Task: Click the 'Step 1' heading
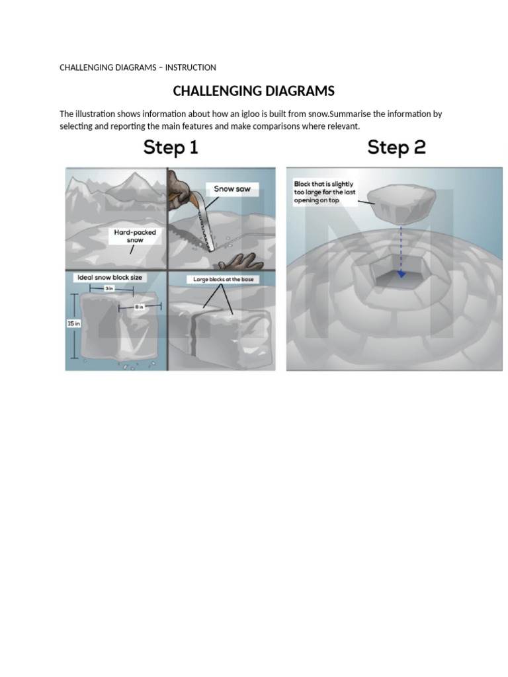tap(171, 147)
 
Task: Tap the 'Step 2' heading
tap(396, 147)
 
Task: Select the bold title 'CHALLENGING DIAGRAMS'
tap(253, 91)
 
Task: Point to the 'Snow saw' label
tap(232, 189)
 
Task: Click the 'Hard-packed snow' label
tap(135, 236)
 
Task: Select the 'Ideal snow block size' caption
tap(110, 277)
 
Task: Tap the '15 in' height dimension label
tap(73, 323)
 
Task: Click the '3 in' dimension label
tap(109, 289)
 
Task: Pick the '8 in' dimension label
tap(139, 307)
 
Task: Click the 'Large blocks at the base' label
tap(223, 280)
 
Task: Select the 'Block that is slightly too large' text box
tap(324, 192)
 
